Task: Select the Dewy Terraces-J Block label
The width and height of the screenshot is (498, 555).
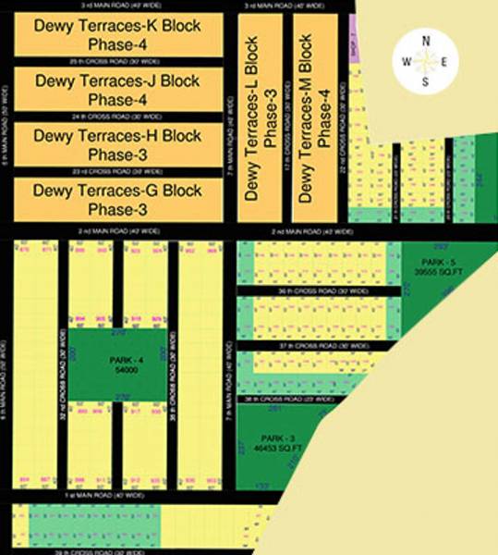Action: pos(117,80)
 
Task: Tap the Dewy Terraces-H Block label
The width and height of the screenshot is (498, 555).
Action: pos(117,136)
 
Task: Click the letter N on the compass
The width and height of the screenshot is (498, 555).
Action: pos(426,40)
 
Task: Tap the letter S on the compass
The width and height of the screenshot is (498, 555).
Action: pos(426,81)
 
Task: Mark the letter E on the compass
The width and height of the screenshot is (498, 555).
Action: pos(446,61)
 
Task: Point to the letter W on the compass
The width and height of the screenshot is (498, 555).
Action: pos(407,61)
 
